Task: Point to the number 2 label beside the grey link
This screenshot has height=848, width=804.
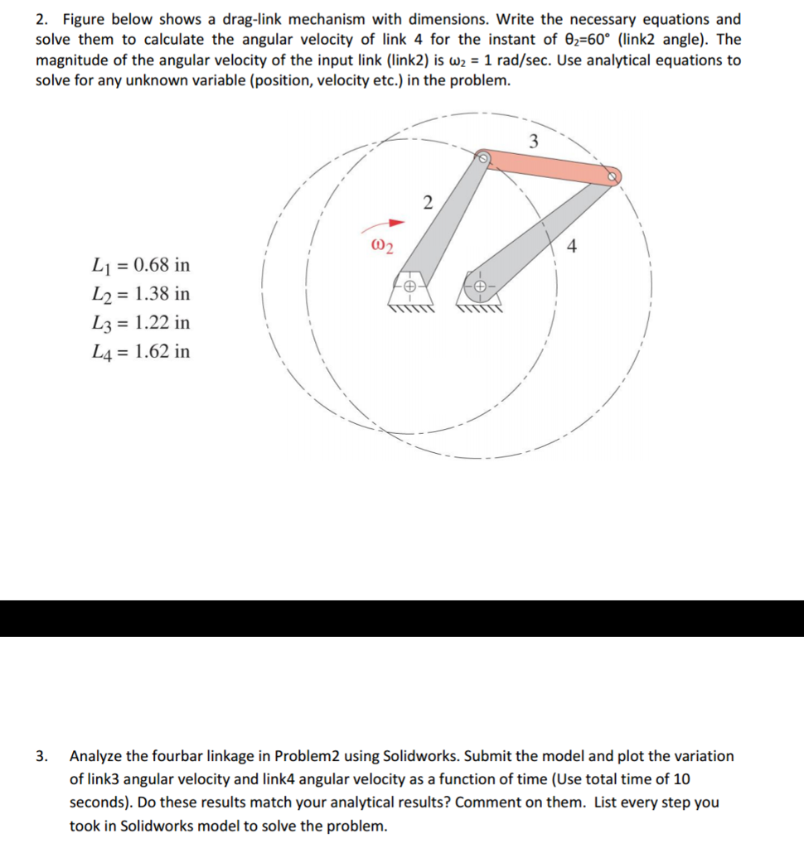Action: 427,202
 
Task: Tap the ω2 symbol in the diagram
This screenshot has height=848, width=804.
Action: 383,246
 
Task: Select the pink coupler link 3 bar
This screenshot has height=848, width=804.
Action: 549,166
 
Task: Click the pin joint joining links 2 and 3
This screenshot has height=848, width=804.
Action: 483,156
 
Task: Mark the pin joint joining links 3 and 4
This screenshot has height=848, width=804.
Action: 613,176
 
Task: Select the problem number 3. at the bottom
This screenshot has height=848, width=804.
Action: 41,756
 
